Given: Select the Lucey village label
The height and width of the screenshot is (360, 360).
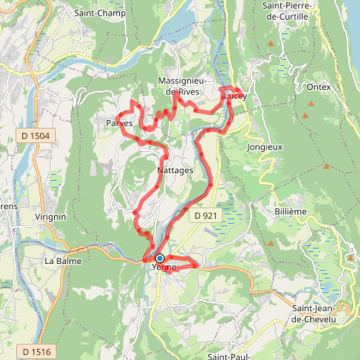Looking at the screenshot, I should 236,97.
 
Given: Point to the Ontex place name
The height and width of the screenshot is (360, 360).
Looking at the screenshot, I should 317,87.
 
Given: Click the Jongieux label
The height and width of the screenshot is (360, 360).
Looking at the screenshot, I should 265,147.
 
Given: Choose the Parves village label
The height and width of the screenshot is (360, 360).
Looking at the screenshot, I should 119,123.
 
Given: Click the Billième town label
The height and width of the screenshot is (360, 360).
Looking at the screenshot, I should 290,211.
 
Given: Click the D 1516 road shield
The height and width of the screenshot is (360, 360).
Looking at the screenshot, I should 36,351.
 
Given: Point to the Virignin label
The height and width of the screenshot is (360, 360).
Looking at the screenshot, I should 51,217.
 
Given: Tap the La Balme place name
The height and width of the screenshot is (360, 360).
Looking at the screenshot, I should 62,261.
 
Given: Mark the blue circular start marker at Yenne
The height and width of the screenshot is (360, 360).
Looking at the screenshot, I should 159,258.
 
